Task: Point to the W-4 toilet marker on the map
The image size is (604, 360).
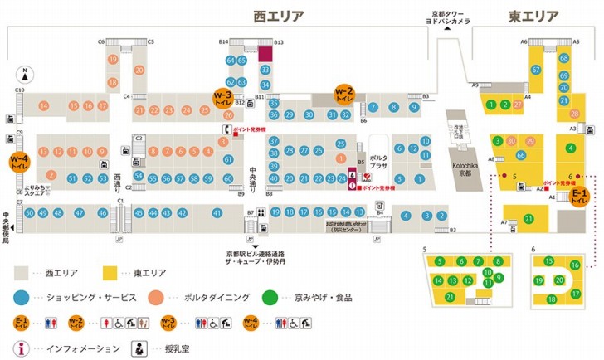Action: click(x=19, y=163)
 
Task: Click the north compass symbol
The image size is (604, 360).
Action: click(x=26, y=73)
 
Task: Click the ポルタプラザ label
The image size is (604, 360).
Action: click(x=379, y=158)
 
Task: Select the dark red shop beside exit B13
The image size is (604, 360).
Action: click(x=265, y=55)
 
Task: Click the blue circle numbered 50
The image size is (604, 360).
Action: click(x=29, y=213)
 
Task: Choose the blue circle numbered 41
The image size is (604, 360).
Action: click(x=218, y=213)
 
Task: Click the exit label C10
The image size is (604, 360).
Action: click(x=19, y=90)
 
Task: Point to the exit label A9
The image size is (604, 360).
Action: click(x=476, y=85)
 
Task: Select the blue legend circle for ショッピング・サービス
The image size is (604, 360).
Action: click(x=21, y=296)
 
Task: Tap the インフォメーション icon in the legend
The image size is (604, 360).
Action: click(x=21, y=349)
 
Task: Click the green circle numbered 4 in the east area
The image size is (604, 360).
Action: click(x=570, y=148)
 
